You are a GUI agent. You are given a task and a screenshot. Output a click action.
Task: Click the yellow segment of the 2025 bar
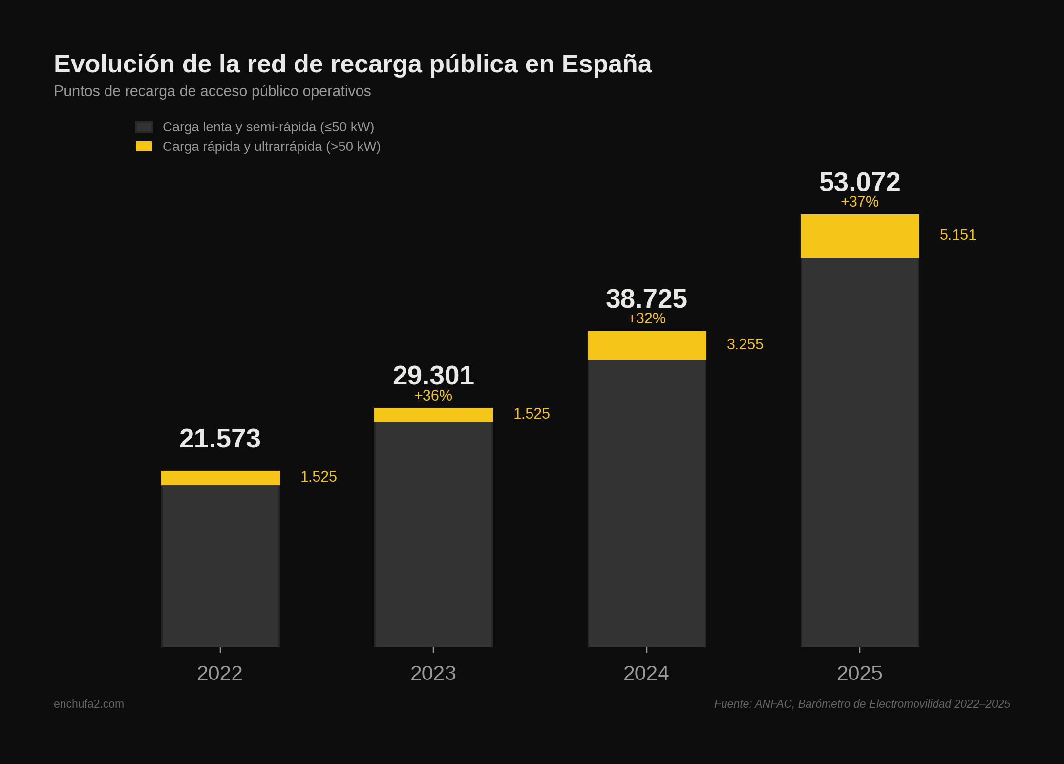tap(860, 236)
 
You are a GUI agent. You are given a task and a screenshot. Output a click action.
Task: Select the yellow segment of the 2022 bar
tap(220, 478)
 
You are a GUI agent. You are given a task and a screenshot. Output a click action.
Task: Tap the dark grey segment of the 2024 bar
tap(647, 503)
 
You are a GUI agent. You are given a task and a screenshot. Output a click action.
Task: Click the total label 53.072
tap(860, 182)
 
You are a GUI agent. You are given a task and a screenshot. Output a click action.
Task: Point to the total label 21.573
tap(220, 438)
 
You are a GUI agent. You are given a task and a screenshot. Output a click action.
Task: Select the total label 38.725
tap(646, 298)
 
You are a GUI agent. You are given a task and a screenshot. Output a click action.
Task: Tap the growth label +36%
tap(433, 395)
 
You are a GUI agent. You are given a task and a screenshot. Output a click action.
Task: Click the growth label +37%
tap(860, 201)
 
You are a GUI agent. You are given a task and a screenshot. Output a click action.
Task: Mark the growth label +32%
tap(646, 318)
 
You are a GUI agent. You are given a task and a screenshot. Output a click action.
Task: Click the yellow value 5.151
tap(958, 235)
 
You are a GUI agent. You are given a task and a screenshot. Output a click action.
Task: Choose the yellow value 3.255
tap(745, 344)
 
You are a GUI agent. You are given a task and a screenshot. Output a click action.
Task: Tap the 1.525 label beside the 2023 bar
tap(532, 414)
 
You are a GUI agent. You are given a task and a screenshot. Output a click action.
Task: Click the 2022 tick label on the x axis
tap(220, 673)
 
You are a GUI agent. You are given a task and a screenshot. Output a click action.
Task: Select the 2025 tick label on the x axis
tap(860, 673)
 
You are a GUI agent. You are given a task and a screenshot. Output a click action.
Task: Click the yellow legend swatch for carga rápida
tap(144, 147)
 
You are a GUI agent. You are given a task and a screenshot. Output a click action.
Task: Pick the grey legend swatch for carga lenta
tap(144, 127)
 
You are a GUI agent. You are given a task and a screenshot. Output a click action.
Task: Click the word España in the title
tap(606, 64)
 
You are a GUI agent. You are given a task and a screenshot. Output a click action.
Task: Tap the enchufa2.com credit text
tap(89, 704)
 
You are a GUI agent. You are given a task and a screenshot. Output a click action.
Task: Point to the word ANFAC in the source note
tap(774, 704)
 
